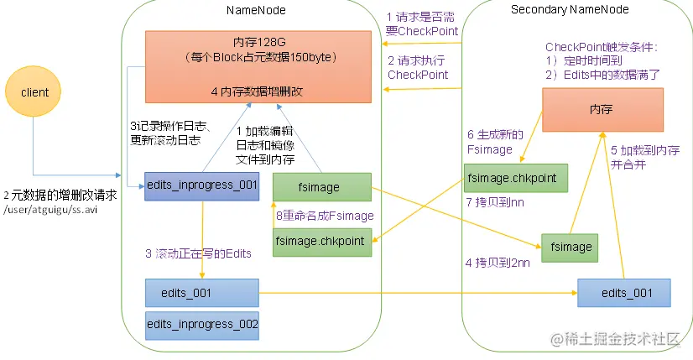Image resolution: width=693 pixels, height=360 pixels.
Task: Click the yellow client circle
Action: [34, 92]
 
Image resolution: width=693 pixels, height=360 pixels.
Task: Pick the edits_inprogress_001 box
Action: [201, 185]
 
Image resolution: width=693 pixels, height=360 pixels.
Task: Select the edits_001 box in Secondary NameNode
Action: [624, 293]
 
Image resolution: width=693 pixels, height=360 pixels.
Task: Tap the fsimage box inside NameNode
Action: [322, 185]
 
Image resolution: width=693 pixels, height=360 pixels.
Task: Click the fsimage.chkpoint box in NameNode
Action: [322, 241]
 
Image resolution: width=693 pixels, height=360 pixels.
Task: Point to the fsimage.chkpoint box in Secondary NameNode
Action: [515, 179]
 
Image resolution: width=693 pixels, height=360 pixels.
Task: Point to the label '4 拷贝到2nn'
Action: [498, 262]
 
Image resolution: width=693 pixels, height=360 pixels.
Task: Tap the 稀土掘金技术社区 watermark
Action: [617, 340]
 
